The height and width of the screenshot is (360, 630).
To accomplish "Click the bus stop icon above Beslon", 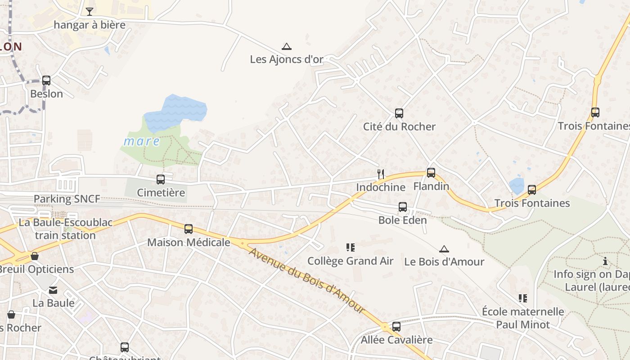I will pos(46,81).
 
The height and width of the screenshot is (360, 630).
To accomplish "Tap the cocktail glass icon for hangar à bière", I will pos(90,11).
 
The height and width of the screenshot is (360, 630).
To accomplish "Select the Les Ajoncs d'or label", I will pos(286,59).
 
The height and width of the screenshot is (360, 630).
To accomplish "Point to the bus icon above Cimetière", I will pos(161,180).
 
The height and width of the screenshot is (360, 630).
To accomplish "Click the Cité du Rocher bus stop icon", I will pos(399,113).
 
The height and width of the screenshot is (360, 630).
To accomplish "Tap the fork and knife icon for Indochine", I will pos(381,174).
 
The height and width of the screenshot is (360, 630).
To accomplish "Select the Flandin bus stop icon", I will pos(431,173).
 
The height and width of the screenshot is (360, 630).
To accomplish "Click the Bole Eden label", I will pos(402,220).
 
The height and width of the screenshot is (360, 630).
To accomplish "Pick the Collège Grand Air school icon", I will pos(350,247).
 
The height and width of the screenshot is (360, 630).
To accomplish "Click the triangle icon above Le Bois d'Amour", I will pos(444,249).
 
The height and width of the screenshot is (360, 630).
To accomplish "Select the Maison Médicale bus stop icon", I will pos(188,229).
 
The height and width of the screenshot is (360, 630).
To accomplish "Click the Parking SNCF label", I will pos(67,198).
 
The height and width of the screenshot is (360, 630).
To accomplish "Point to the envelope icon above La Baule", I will pos(53,290).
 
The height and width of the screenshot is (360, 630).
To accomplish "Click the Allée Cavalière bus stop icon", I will pos(396,327).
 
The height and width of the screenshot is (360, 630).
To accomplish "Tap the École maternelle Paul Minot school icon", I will pos(522,298).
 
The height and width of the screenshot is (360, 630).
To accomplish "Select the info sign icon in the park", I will pos(605,261).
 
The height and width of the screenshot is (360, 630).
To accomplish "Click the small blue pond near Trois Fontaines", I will pos(517,185).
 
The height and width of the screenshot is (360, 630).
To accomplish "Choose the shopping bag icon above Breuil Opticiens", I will pos(35,256).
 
